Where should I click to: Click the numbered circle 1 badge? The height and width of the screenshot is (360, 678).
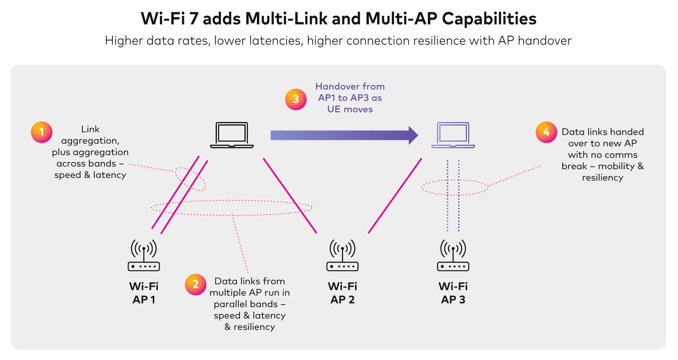pyautogui.click(x=42, y=132)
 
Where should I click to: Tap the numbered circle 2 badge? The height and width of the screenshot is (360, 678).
pyautogui.click(x=196, y=284)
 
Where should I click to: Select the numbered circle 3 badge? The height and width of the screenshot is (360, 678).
pyautogui.click(x=296, y=99)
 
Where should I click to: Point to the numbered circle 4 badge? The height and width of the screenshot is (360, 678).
pyautogui.click(x=546, y=132)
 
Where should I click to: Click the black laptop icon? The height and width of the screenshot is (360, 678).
pyautogui.click(x=232, y=135)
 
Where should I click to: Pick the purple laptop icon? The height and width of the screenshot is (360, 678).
pyautogui.click(x=453, y=135)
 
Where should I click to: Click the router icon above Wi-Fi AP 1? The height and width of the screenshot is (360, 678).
pyautogui.click(x=144, y=255)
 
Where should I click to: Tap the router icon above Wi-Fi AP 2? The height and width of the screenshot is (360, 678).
pyautogui.click(x=342, y=255)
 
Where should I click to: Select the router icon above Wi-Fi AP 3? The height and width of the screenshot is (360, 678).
pyautogui.click(x=453, y=255)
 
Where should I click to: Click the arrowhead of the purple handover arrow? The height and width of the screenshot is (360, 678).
pyautogui.click(x=413, y=135)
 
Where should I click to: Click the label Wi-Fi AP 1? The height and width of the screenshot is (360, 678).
pyautogui.click(x=144, y=293)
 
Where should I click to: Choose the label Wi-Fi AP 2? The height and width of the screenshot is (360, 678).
pyautogui.click(x=342, y=293)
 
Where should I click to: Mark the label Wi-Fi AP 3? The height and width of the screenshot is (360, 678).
pyautogui.click(x=453, y=293)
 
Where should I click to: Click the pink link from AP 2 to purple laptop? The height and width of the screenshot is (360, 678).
pyautogui.click(x=395, y=196)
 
